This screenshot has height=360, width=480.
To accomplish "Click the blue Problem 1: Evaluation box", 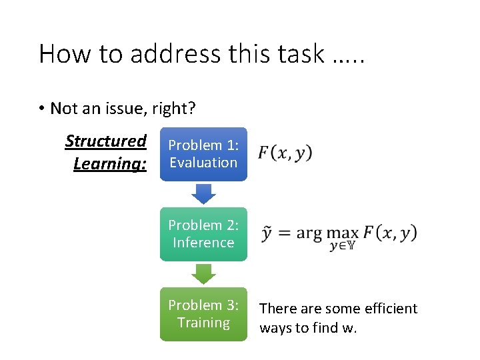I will pos(203,154).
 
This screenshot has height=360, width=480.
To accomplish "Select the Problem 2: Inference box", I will pos(203,234).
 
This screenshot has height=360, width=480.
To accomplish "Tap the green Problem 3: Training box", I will pos(203,314).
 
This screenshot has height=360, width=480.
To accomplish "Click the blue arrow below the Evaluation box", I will pos(203,193).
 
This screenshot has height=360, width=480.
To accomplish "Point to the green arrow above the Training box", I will pos(203,273).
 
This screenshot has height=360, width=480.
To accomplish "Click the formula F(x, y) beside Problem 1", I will pos(285,153).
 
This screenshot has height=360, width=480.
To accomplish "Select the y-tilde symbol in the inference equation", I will pos(267,233).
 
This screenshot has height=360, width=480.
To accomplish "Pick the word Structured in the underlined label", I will pos(106,141).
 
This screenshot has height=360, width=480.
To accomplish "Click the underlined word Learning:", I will pos(110,163).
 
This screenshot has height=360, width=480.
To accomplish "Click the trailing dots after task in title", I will pos(348,59).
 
